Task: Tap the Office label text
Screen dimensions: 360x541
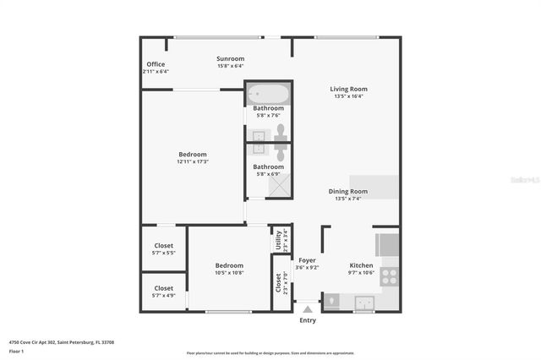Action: point(156,64)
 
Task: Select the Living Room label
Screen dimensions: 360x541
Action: point(348,89)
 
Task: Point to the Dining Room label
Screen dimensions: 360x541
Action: point(348,191)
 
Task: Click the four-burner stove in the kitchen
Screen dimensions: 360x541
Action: point(390,275)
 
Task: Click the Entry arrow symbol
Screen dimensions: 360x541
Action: point(307,310)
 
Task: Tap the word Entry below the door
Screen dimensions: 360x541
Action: point(308,320)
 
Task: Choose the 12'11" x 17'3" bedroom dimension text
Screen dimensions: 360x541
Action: point(193,161)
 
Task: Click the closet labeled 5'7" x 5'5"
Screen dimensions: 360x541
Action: point(163,249)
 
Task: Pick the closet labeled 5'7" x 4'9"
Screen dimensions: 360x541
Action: point(163,292)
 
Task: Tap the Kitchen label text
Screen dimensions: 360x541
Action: point(361,265)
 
